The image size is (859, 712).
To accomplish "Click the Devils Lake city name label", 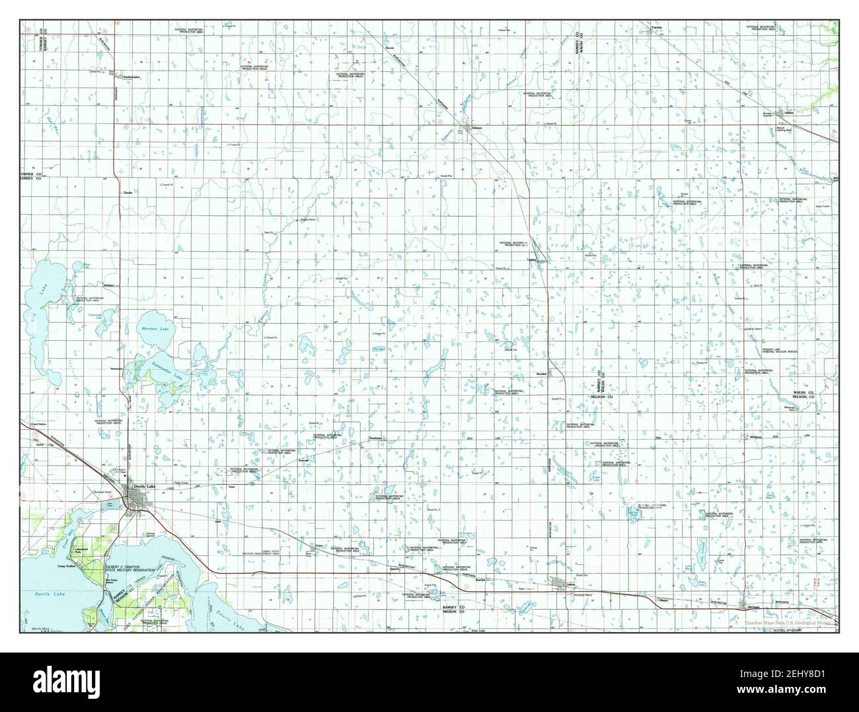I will (x=142, y=486).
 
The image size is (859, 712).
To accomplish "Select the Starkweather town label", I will (x=128, y=77).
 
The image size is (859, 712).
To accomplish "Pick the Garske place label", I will (x=128, y=192).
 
